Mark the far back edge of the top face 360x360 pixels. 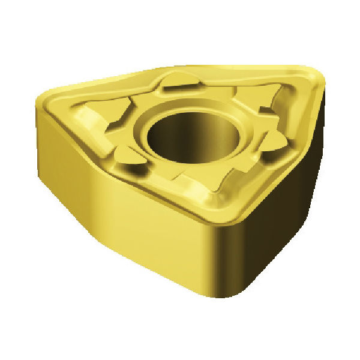pyautogui.click(x=180, y=68)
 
